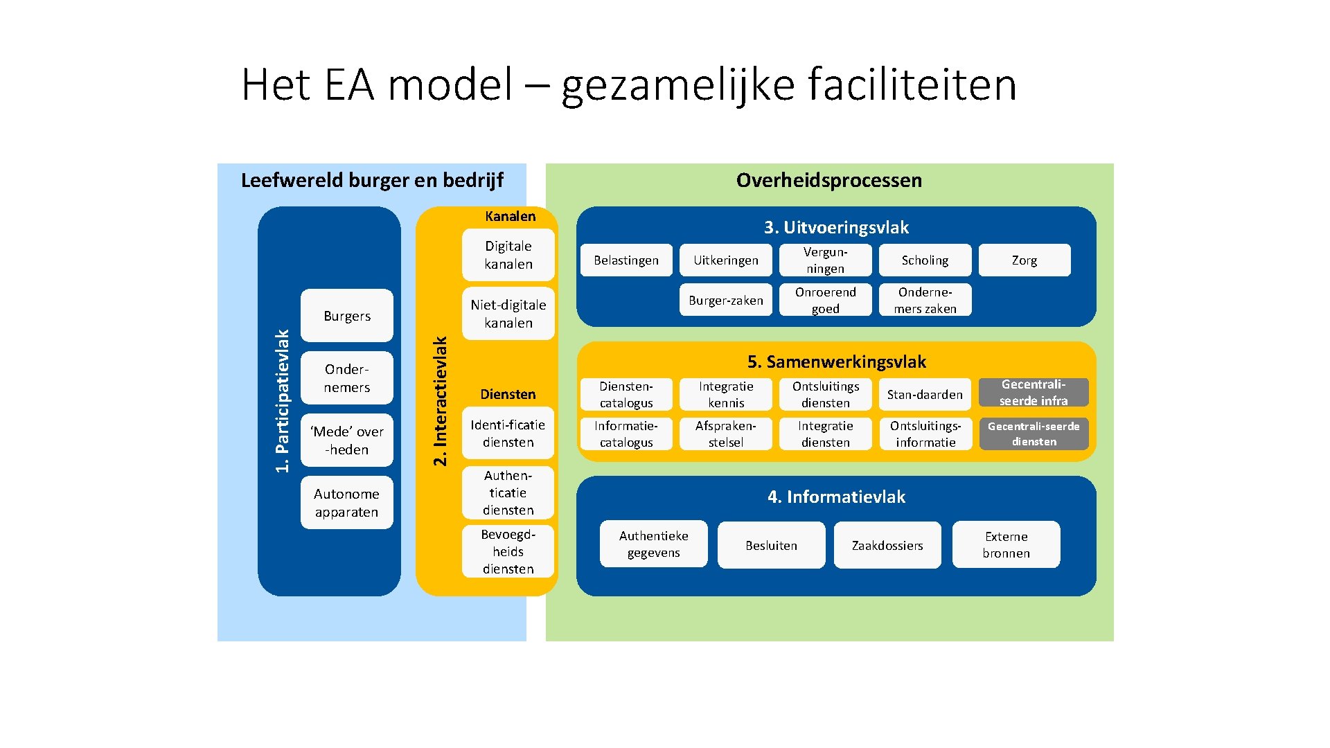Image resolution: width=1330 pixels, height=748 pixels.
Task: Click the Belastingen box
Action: pos(626,260)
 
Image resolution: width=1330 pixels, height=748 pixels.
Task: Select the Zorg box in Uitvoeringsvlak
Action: pos(1024,260)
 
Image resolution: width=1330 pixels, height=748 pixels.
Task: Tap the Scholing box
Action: pos(925,260)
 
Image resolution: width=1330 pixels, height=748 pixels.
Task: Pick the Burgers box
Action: pos(347,316)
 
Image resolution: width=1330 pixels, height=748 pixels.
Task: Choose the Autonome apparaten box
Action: pos(346,503)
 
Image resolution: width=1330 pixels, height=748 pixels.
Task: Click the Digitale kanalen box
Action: pos(508,255)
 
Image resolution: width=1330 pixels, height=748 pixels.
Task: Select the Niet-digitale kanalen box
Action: pos(508,314)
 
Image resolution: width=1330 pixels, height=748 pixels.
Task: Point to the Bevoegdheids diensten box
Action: pos(508,552)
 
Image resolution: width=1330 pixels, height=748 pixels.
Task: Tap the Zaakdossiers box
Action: pos(887,546)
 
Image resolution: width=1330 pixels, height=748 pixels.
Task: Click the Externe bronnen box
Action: pos(1006,545)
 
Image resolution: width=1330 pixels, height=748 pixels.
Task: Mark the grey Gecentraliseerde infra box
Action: pos(1034,393)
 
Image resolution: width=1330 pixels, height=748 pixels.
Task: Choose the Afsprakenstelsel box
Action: pos(725,434)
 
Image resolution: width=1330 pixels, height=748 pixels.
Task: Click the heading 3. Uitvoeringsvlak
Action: pos(836,227)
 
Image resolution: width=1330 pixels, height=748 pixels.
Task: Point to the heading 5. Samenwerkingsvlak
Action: pos(836,362)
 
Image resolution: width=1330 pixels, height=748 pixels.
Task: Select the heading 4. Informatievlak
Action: pos(836,497)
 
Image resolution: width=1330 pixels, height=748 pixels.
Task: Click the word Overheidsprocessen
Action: pos(828,180)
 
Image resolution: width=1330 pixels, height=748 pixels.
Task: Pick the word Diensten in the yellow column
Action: pos(508,394)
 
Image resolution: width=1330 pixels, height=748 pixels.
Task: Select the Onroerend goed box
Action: pos(825,300)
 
